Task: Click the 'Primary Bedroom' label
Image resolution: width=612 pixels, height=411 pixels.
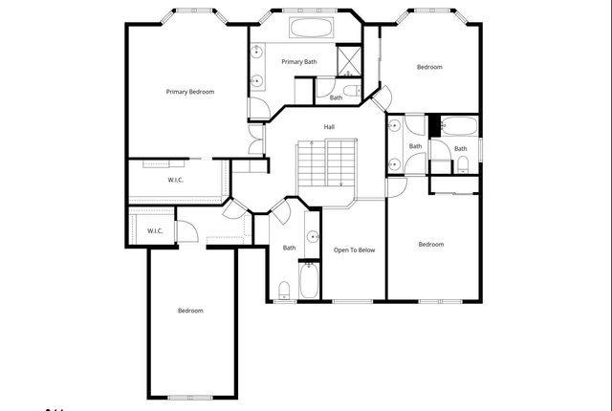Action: pos(189,92)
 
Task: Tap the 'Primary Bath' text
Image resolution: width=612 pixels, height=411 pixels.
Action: pos(298,62)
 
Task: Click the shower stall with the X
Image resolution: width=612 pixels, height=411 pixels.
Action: pos(351,61)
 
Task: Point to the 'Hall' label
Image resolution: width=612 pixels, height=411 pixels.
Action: pos(329,127)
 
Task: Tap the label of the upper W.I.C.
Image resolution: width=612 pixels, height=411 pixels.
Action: pos(176,181)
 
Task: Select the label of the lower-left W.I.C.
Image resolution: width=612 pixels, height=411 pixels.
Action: pos(155,231)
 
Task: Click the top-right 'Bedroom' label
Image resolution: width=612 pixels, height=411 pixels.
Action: pos(429,67)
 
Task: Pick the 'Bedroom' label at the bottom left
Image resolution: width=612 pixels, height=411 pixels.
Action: pos(190,311)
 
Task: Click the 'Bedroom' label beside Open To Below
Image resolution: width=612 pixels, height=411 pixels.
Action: pos(431,245)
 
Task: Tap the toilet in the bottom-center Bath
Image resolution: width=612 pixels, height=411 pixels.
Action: pos(284,291)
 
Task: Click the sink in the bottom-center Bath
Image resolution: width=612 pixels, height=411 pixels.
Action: pos(312,236)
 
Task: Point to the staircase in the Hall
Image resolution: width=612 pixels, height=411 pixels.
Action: pos(326,163)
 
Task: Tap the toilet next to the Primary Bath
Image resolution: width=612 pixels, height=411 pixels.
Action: pos(352,92)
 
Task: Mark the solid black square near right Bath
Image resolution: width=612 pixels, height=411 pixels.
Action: pos(433,124)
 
